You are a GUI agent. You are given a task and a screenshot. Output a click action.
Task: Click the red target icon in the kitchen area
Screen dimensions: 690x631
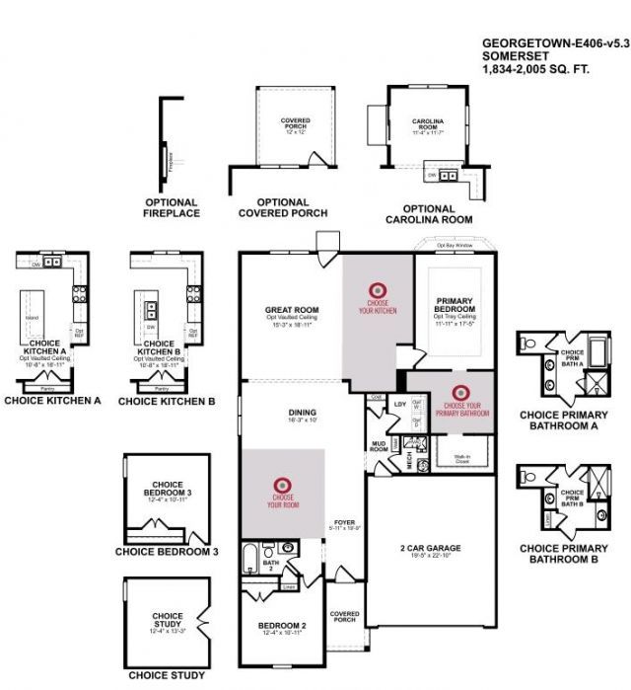click(376, 289)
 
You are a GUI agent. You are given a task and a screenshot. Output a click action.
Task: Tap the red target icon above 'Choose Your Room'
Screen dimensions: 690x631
click(282, 484)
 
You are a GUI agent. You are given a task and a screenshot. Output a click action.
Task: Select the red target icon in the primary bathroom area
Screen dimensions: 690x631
click(454, 391)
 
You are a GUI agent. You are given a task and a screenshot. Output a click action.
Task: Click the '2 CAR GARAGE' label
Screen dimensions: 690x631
click(430, 548)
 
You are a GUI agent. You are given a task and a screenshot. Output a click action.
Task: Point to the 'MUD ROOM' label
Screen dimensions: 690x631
click(378, 446)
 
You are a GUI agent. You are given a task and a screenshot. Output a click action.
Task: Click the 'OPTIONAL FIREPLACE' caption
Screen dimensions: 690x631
click(172, 207)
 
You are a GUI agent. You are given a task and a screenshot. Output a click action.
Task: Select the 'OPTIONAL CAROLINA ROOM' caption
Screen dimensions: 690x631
click(429, 214)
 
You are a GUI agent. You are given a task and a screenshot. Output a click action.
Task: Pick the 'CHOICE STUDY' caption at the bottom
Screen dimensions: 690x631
click(167, 676)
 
